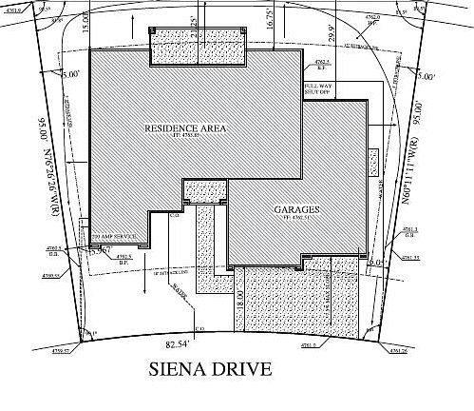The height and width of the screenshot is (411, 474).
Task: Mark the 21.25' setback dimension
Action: tap(195, 20)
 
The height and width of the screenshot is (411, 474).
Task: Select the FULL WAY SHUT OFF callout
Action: tap(318, 88)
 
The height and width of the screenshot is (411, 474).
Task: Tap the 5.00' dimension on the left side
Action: tap(70, 73)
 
